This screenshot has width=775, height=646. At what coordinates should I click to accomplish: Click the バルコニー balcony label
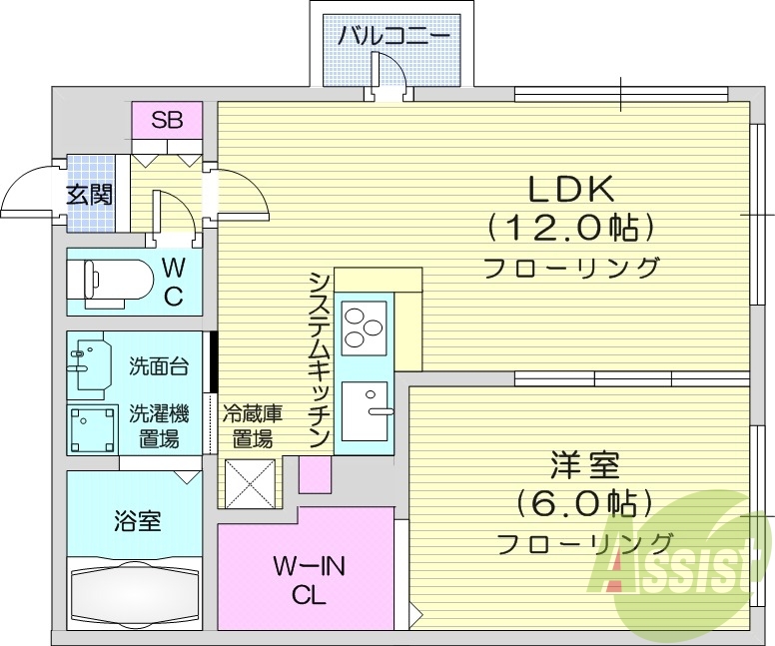pos(391,38)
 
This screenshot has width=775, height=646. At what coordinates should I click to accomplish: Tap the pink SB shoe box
pos(167,122)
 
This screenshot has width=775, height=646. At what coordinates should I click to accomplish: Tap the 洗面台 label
pos(158,366)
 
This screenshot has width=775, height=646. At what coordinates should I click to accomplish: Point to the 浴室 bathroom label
pos(137,520)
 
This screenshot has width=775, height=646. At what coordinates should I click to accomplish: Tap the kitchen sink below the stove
pos(366,408)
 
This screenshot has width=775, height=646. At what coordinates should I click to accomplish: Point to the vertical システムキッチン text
pos(320,358)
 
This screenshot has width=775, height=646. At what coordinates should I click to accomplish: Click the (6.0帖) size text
pos(583,502)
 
